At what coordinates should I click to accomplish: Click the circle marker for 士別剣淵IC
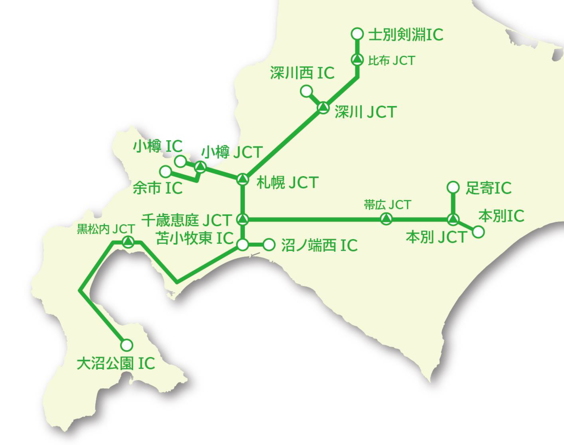click(357, 34)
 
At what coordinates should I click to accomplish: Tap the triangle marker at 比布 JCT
click(357, 60)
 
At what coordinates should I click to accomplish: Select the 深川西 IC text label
click(302, 73)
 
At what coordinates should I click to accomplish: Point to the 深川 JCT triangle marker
click(323, 108)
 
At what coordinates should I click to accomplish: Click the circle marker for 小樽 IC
click(180, 161)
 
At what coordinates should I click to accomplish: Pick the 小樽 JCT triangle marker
click(200, 167)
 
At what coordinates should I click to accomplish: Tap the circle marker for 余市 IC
click(166, 171)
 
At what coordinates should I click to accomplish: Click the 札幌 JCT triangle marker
click(243, 179)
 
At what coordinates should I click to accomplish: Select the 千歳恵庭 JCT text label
click(187, 220)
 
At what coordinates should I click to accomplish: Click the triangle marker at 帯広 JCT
click(386, 219)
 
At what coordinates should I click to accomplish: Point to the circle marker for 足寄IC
click(453, 187)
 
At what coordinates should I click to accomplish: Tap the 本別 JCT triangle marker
click(453, 219)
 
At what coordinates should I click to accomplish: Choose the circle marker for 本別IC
click(478, 232)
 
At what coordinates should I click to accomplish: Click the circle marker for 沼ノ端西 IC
click(269, 245)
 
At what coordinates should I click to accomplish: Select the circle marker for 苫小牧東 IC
click(243, 245)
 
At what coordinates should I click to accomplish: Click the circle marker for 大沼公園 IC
click(127, 345)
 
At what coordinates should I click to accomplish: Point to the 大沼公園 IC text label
click(116, 363)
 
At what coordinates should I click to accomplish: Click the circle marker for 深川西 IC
click(306, 91)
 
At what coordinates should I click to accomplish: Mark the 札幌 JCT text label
click(288, 182)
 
